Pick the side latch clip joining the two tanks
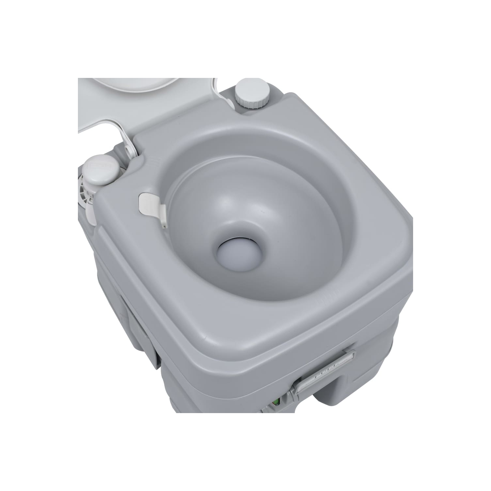(144, 340)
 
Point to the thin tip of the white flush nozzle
(164, 224)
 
